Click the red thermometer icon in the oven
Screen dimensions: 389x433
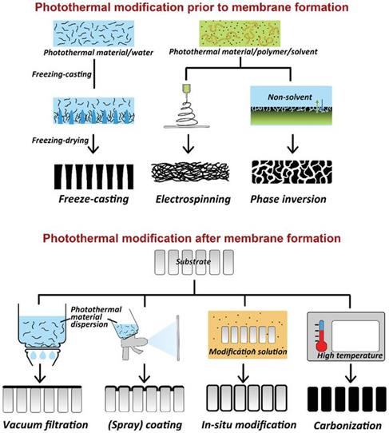pyautogui.click(x=321, y=336)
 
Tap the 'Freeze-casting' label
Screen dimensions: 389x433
pyautogui.click(x=93, y=199)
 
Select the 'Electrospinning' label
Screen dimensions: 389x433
pyautogui.click(x=193, y=199)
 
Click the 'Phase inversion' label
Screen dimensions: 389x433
pyautogui.click(x=288, y=199)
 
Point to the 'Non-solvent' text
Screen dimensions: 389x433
pyautogui.click(x=290, y=97)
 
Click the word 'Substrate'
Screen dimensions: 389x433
pyautogui.click(x=193, y=261)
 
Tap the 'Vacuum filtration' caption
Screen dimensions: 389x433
pyautogui.click(x=46, y=425)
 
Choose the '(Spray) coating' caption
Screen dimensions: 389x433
pyautogui.click(x=145, y=425)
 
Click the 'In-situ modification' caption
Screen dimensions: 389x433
pyautogui.click(x=249, y=425)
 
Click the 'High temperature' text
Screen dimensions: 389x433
pyautogui.click(x=350, y=356)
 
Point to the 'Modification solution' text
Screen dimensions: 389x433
pyautogui.click(x=248, y=352)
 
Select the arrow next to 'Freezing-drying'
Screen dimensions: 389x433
pyautogui.click(x=94, y=143)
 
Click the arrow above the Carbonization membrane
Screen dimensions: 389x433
pyautogui.click(x=351, y=373)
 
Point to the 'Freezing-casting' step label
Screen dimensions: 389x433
pyautogui.click(x=62, y=74)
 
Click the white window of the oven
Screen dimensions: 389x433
pyautogui.click(x=355, y=336)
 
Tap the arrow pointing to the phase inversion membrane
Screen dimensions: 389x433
pyautogui.click(x=292, y=143)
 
